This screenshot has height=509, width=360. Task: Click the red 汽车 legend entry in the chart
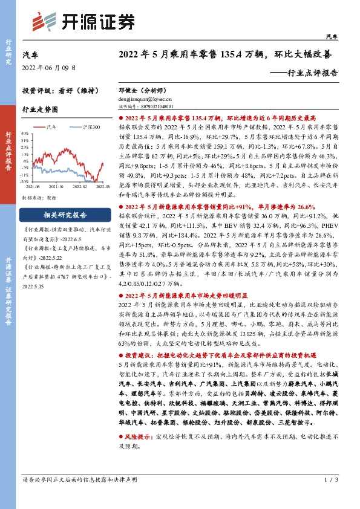pos(52,127)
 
